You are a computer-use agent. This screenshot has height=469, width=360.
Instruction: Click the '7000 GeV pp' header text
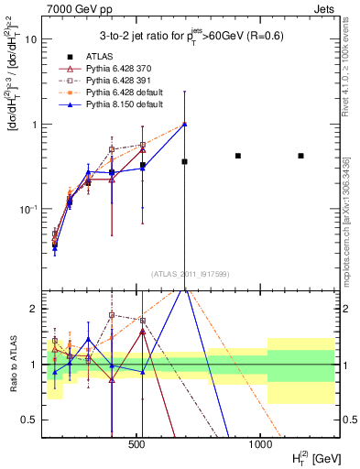pyautogui.click(x=74, y=8)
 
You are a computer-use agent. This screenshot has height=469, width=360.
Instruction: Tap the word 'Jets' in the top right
pyautogui.click(x=332, y=8)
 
